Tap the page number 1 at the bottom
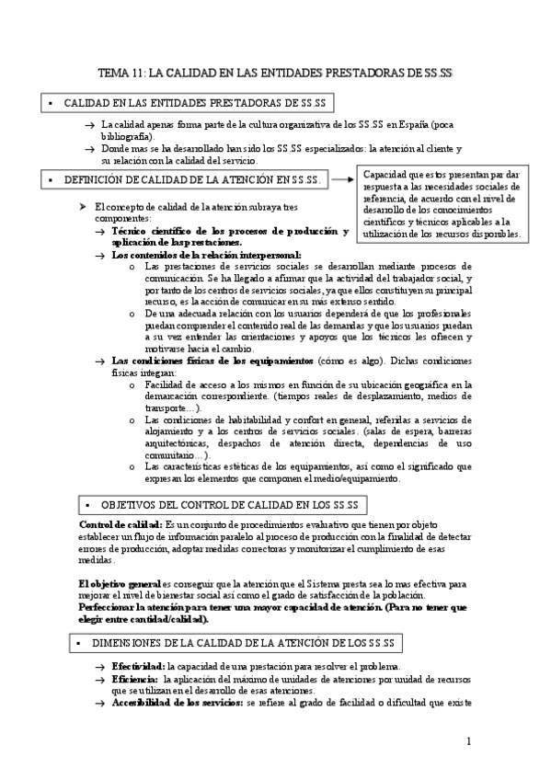469,741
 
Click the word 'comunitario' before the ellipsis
169,454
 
